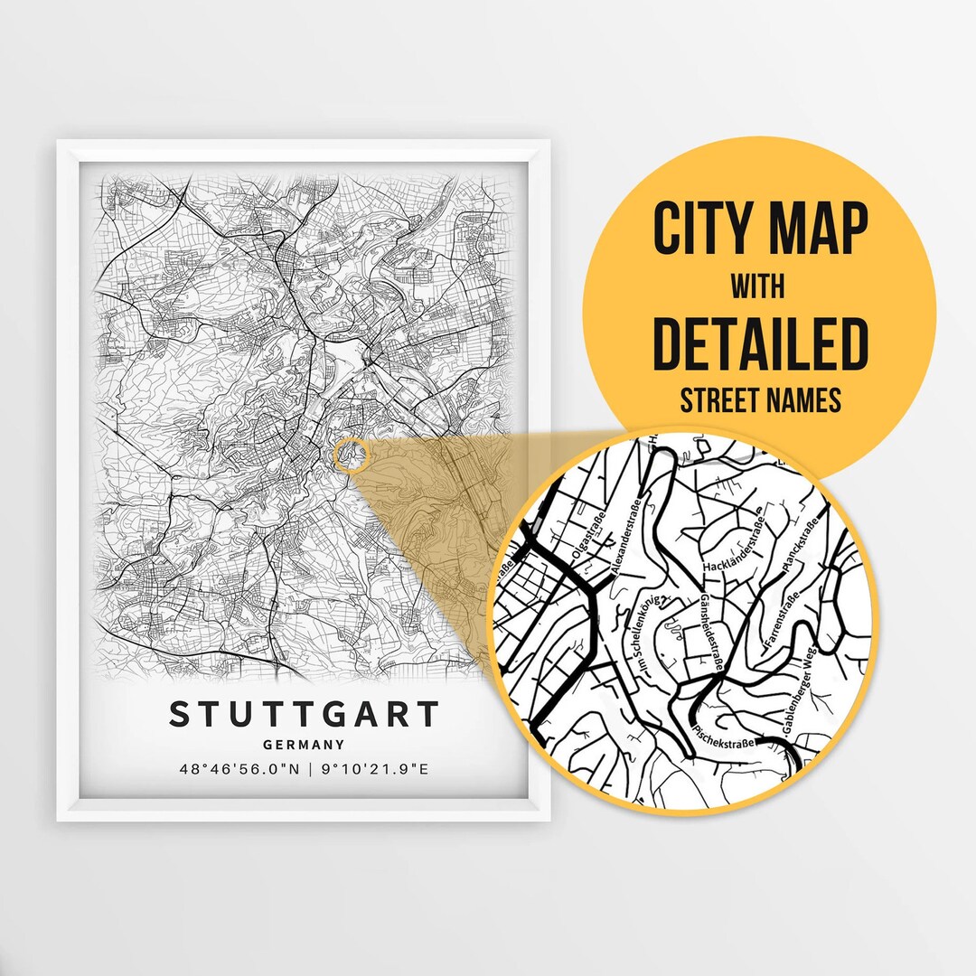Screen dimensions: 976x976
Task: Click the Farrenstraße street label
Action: [781, 620]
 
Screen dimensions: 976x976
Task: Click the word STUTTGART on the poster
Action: [304, 713]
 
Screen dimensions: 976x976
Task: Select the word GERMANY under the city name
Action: [304, 746]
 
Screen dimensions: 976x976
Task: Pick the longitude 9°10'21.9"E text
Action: [375, 770]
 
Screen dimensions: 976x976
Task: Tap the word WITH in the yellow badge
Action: [759, 287]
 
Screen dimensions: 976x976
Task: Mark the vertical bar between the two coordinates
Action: [309, 770]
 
